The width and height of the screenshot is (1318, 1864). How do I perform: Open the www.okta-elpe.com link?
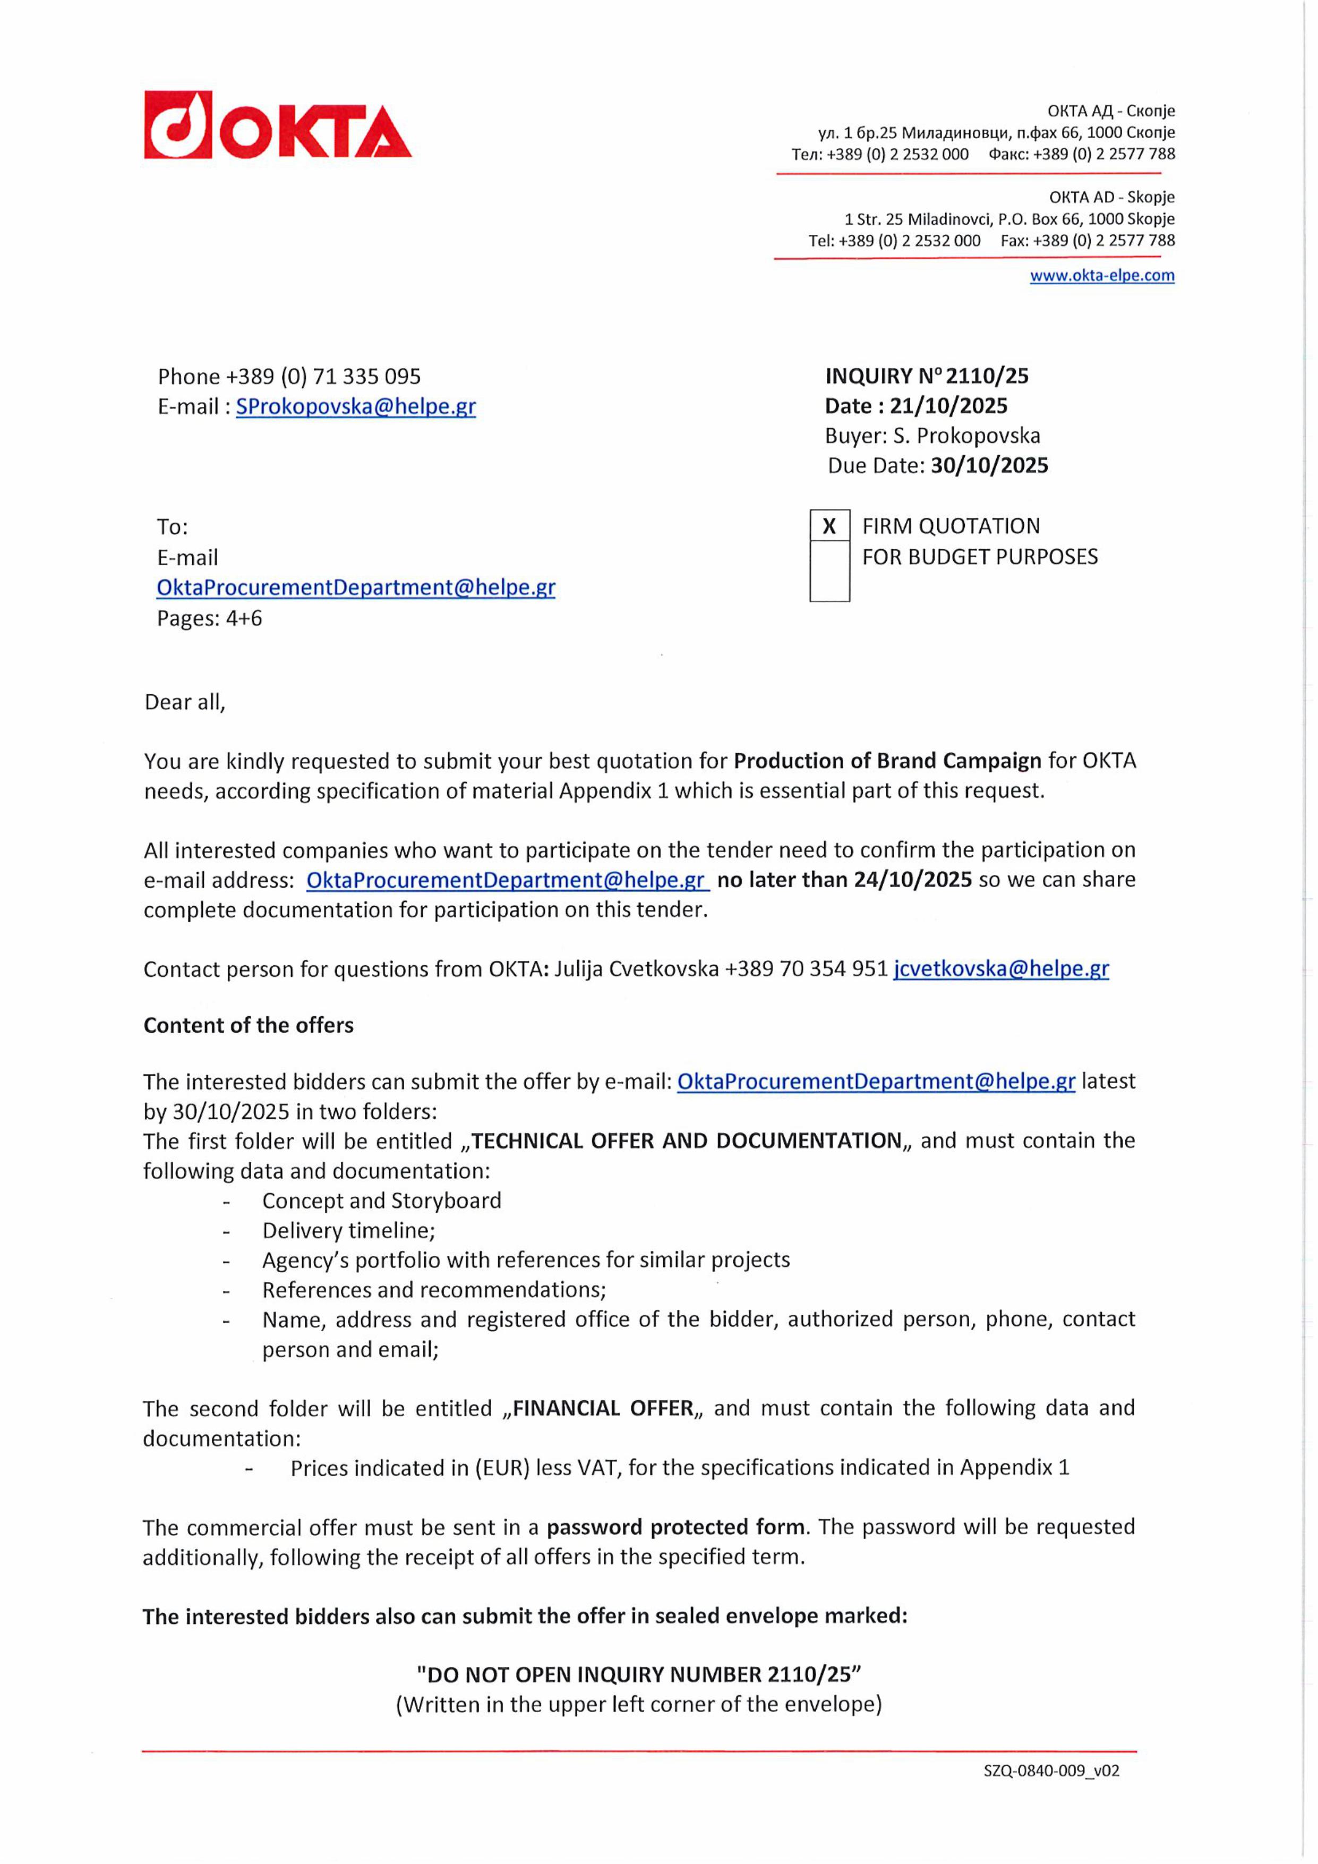1101,275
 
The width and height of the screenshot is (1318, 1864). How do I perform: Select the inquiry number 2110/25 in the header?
987,376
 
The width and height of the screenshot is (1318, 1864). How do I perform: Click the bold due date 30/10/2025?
989,465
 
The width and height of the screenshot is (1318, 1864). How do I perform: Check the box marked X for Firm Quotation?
829,526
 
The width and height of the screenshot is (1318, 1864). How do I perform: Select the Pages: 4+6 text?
209,619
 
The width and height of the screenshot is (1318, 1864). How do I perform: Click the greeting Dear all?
184,702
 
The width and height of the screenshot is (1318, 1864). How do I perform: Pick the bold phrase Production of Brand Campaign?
886,761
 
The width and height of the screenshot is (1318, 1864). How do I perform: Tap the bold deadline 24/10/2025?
912,879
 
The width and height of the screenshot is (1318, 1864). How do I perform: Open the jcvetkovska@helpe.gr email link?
1000,968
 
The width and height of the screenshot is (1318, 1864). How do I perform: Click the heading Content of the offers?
249,1025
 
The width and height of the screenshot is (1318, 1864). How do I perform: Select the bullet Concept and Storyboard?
381,1201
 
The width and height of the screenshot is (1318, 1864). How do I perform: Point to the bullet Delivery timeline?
348,1231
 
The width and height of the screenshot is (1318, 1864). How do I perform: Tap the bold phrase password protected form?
674,1527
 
